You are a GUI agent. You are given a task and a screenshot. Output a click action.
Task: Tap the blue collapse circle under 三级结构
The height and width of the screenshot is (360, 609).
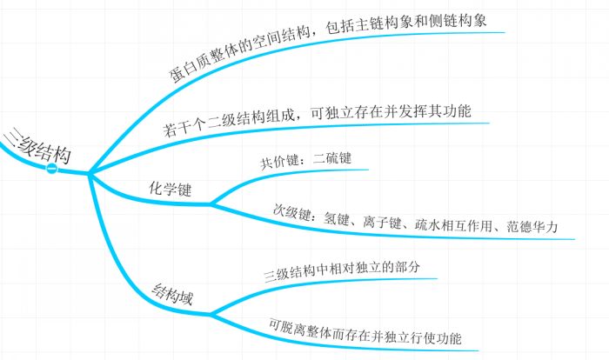coord(52,168)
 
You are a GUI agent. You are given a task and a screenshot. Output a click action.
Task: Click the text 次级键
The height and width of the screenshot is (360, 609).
coord(289,210)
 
